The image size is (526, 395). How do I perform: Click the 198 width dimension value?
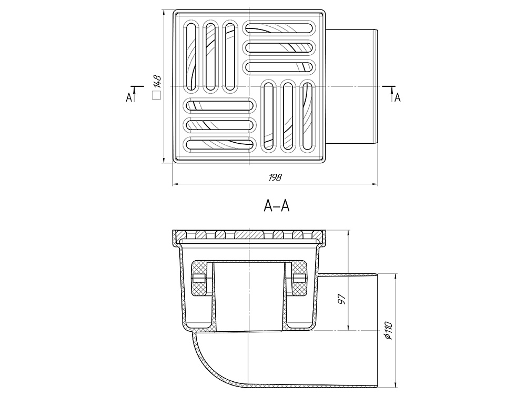click(x=275, y=177)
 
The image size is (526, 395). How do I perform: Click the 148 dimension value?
click(x=157, y=82)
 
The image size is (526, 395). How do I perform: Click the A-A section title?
click(x=277, y=206)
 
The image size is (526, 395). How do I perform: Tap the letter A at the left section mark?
click(x=129, y=97)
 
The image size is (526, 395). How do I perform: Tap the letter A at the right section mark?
click(x=398, y=97)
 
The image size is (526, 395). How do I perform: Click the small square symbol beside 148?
click(x=157, y=96)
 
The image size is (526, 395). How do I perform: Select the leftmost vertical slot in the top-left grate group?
click(x=191, y=56)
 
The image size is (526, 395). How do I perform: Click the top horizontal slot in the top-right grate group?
click(x=280, y=27)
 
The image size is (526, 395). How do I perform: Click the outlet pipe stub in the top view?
click(x=351, y=87)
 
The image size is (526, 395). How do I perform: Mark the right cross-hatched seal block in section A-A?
click(x=299, y=279)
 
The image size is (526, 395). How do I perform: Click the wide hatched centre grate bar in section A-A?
click(x=249, y=234)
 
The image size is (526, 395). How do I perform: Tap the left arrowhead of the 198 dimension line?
click(x=175, y=184)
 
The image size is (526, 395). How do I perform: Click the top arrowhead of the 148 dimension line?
click(x=163, y=13)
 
